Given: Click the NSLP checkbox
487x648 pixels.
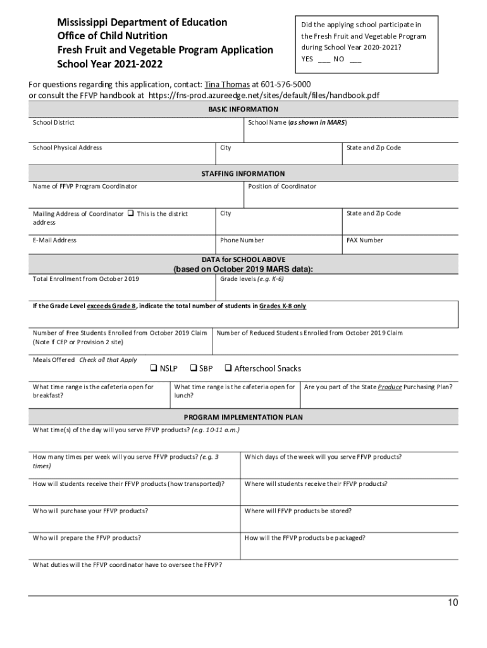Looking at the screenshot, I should click(153, 368).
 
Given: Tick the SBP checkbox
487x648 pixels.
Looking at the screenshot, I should click(194, 368).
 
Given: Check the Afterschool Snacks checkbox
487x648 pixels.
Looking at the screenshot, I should click(228, 368).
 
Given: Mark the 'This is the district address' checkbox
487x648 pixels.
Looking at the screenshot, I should click(130, 213).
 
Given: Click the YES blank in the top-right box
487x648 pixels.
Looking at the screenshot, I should click(323, 59).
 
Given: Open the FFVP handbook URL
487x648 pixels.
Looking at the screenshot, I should click(264, 95).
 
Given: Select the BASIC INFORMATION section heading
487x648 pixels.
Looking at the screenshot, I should click(244, 109).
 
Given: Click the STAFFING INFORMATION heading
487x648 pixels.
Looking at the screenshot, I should click(244, 173).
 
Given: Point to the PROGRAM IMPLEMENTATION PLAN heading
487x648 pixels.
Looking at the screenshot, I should click(244, 417).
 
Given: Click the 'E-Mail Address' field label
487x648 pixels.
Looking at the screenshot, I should click(54, 240).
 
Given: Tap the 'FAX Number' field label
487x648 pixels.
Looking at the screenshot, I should click(365, 240).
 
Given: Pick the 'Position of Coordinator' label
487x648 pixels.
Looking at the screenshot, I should click(282, 186).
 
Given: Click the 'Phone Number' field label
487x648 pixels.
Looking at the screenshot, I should click(242, 240).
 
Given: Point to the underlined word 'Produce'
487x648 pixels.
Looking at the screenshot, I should click(390, 386).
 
